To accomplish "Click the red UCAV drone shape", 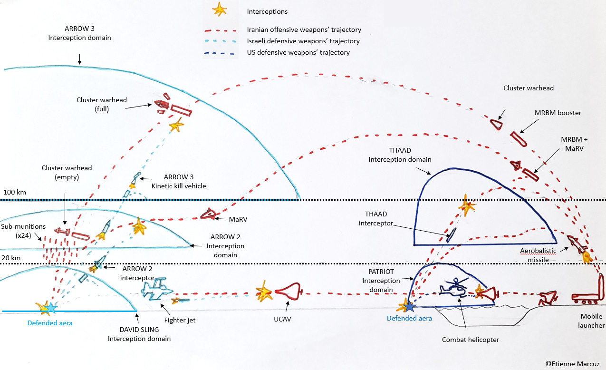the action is tap(289, 291).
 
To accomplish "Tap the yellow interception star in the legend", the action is tap(219, 10).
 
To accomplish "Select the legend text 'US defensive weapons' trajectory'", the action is tap(298, 52).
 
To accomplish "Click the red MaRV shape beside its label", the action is tap(208, 214).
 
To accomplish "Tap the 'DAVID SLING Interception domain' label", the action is tap(139, 334).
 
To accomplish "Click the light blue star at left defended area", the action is tap(50, 308).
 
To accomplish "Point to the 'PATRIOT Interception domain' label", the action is tap(381, 281).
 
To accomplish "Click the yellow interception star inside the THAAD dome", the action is tap(467, 205).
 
